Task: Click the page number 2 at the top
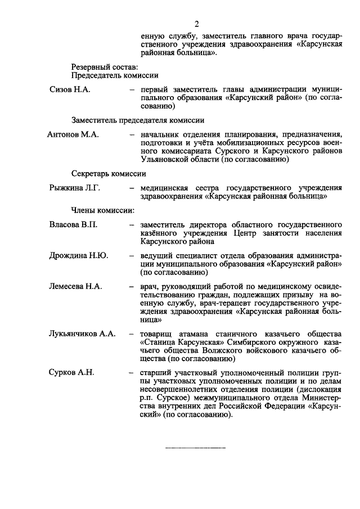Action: coord(197,24)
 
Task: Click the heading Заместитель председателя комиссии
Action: coord(137,120)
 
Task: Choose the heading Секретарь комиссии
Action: coord(109,173)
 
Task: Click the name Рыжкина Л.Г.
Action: coord(75,188)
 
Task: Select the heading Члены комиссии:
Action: coord(102,210)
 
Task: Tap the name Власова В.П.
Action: coord(74,225)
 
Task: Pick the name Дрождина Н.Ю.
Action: coord(79,255)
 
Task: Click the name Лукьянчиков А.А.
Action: coord(83,334)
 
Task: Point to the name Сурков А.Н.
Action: coord(72,372)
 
